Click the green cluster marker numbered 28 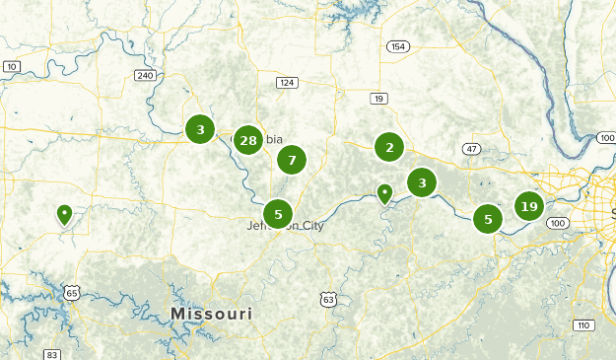248,141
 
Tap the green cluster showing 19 529,206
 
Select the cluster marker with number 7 292,160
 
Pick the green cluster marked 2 390,148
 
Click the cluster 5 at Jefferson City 278,213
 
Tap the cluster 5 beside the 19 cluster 488,219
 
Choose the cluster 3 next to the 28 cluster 200,128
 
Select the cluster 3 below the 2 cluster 423,182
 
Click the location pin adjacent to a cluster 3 385,193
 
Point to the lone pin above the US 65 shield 64,213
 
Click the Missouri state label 211,314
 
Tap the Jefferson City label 285,226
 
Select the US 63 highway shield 328,299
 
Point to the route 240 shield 145,75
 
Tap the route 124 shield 287,82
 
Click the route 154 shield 398,46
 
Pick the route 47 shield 473,149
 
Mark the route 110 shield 583,324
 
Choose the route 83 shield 52,354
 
